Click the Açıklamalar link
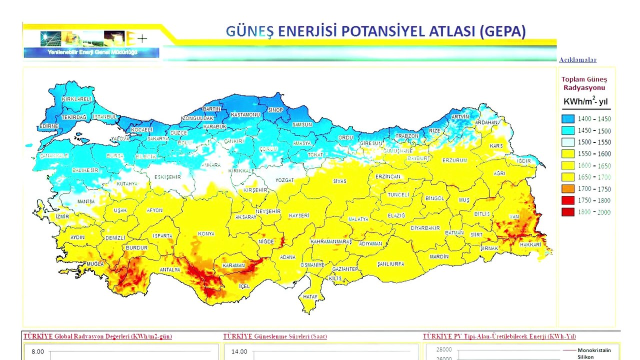point(577,60)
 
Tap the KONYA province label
point(206,234)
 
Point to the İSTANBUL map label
point(105,117)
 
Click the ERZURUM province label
point(454,160)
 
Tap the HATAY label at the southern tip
point(310,297)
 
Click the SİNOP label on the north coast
point(276,110)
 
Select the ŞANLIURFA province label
point(390,264)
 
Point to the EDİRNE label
point(49,126)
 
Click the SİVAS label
point(340,181)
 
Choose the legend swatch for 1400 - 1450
point(567,119)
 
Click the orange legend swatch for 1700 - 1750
point(567,189)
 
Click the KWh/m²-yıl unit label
point(585,102)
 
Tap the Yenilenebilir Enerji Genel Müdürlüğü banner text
point(92,52)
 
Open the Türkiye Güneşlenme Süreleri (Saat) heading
point(274,336)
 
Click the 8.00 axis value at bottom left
point(38,351)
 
